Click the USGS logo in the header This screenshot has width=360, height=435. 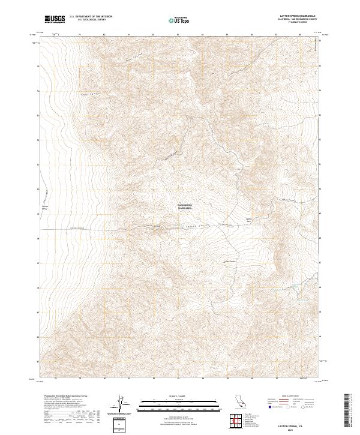pyautogui.click(x=55, y=19)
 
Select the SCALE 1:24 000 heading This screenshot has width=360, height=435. pyautogui.click(x=172, y=395)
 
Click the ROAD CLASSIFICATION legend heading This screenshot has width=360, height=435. pyautogui.click(x=290, y=396)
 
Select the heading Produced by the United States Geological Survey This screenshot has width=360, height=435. pyautogui.click(x=66, y=397)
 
